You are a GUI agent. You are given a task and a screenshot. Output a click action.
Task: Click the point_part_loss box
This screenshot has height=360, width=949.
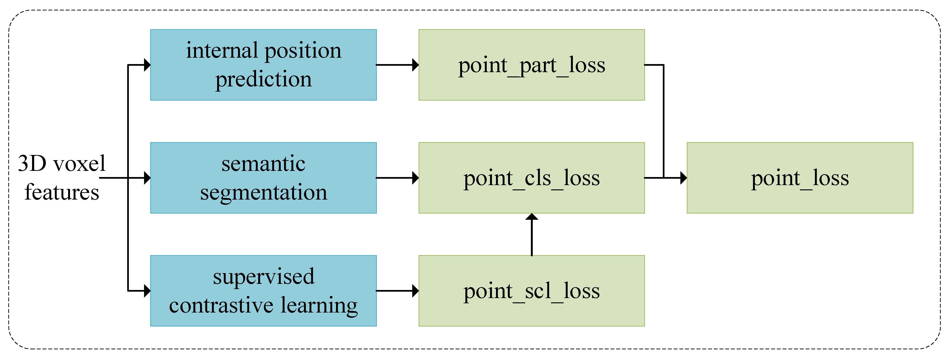531,65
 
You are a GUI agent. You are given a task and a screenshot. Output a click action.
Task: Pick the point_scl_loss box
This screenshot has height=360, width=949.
531,291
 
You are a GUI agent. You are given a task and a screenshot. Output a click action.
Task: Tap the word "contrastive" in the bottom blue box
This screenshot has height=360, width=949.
221,305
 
